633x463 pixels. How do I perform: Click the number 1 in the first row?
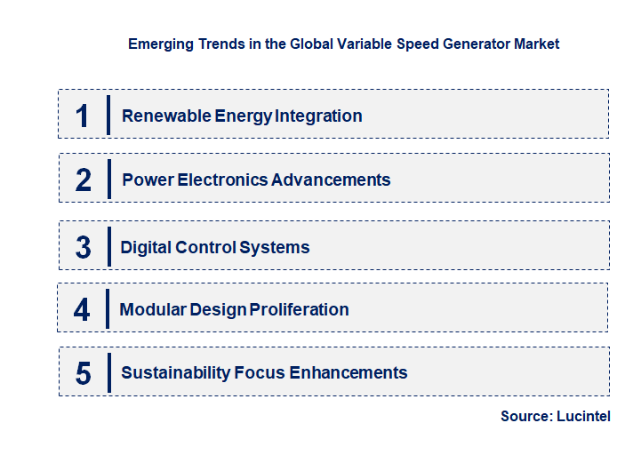point(83,116)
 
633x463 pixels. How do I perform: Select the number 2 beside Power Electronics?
point(84,180)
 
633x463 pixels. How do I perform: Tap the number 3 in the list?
point(83,247)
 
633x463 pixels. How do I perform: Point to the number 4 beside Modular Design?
point(82,309)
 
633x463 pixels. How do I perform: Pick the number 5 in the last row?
point(83,373)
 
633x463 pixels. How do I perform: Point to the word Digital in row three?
point(146,247)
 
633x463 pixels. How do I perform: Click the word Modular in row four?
point(151,309)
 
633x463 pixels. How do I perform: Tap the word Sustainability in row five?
point(175,373)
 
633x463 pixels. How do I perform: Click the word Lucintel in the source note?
point(584,416)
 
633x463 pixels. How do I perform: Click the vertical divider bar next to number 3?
point(108,245)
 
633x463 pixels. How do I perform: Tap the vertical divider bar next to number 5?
point(108,371)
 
